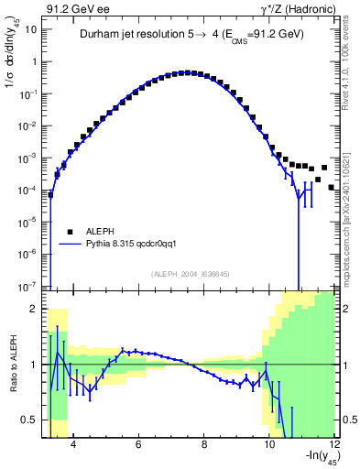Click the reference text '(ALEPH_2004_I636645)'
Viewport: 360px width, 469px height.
(190, 273)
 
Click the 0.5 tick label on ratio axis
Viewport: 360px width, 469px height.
(34, 420)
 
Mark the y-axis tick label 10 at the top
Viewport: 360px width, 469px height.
(33, 28)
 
